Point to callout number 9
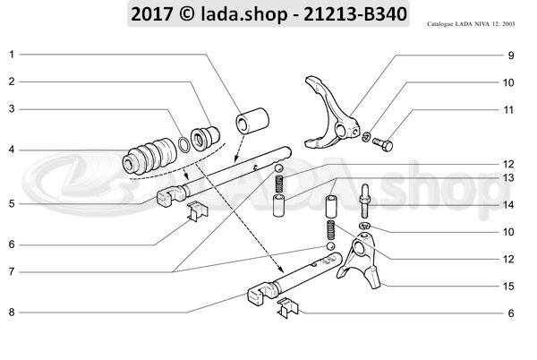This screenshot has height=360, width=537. tap(510, 56)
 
